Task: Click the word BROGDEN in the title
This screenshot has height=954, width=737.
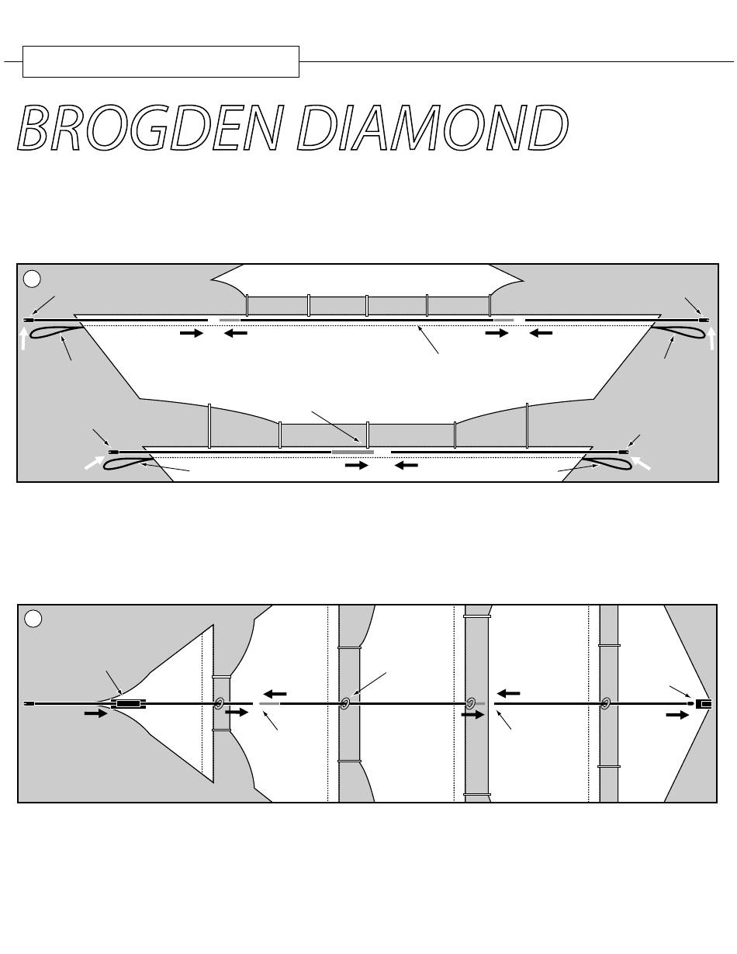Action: [150, 127]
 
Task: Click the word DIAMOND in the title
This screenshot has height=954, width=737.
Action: [433, 127]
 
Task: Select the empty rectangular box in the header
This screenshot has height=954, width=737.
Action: [161, 61]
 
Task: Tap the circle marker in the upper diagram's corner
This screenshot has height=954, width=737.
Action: [32, 279]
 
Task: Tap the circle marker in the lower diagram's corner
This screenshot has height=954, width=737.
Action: [33, 619]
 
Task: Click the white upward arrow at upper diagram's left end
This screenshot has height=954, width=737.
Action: [24, 338]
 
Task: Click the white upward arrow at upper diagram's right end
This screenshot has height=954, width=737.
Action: [711, 338]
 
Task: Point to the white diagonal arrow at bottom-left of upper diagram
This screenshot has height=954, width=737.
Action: [95, 463]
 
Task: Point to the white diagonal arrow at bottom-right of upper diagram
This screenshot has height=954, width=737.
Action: [641, 463]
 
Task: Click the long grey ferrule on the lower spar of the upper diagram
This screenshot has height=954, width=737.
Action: [353, 452]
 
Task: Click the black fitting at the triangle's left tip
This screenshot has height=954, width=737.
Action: [129, 704]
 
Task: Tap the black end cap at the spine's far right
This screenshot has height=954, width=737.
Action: [706, 704]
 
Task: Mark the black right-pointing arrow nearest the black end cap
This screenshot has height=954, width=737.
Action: [677, 715]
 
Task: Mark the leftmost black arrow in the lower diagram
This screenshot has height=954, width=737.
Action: [95, 713]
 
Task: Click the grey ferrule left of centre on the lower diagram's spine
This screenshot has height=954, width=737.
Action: [269, 704]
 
